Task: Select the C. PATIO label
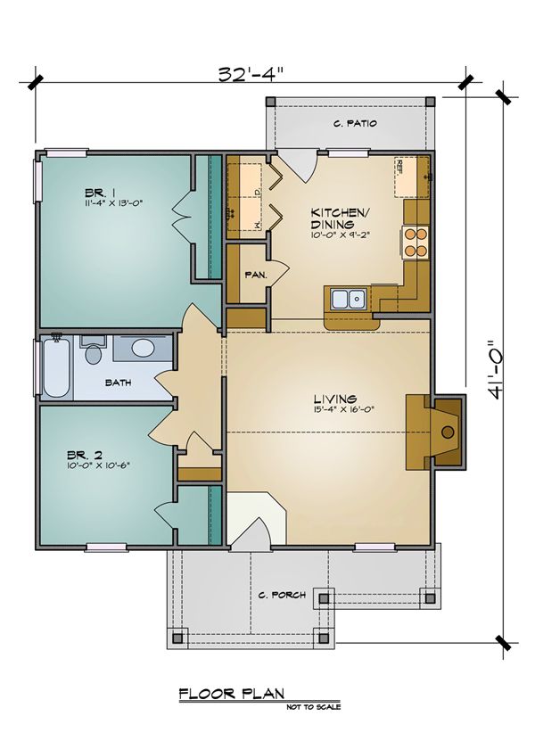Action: (x=353, y=124)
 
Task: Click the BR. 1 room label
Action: (x=99, y=192)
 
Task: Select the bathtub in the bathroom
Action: (x=54, y=366)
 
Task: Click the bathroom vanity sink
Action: (x=141, y=348)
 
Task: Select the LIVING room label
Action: (x=334, y=399)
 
